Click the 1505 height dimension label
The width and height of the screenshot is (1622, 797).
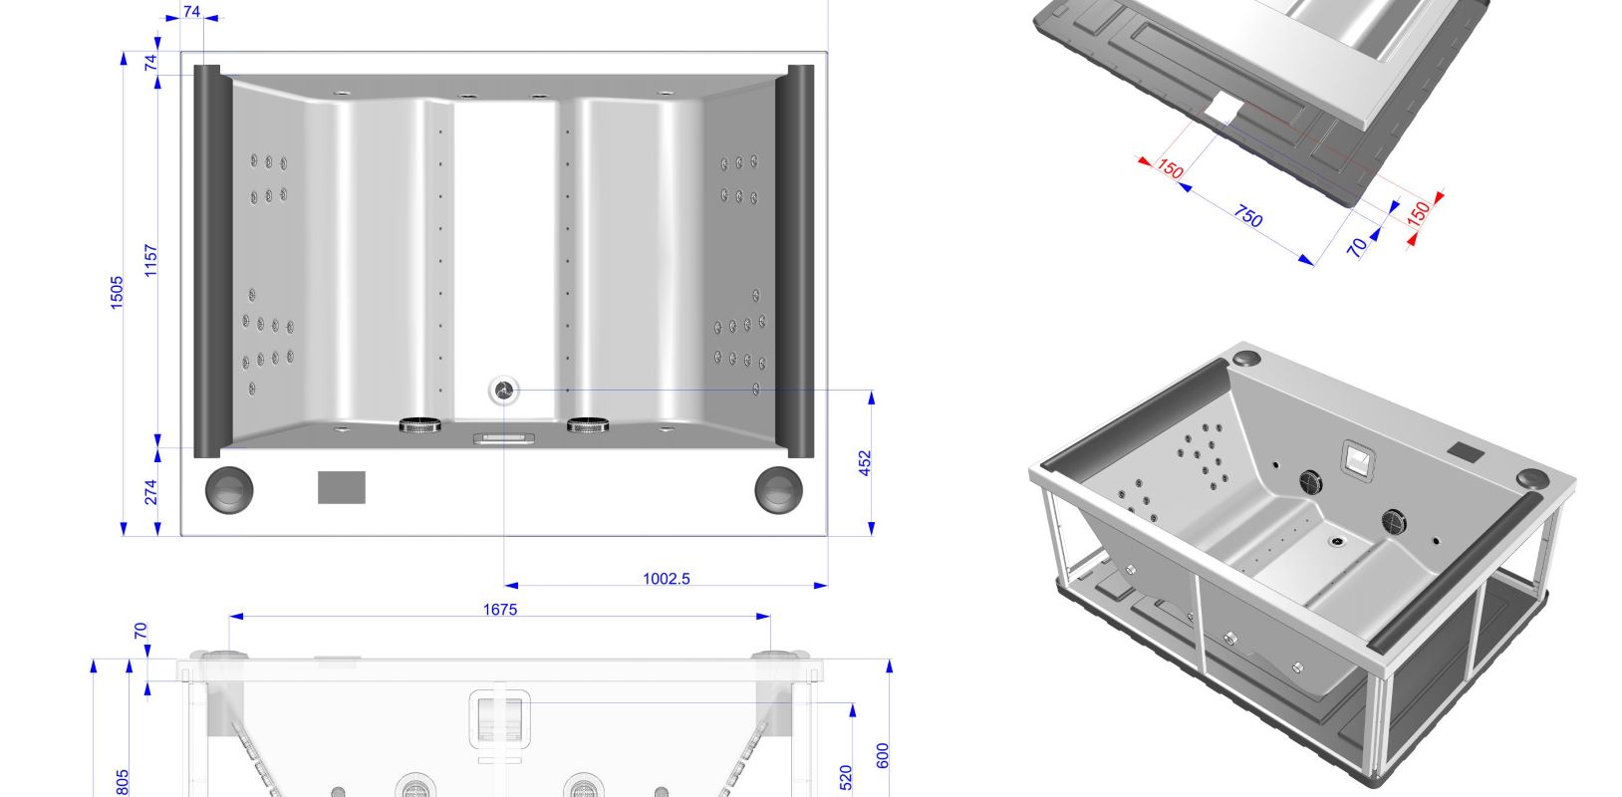[117, 293]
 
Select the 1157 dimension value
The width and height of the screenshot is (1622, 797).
[151, 261]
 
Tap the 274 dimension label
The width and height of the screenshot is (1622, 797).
[151, 492]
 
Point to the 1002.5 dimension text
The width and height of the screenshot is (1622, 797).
[666, 578]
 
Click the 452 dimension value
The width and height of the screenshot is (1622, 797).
[865, 463]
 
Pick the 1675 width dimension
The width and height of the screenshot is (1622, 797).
[500, 609]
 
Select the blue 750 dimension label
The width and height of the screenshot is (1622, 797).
[1248, 215]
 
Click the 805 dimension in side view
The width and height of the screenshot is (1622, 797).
[123, 782]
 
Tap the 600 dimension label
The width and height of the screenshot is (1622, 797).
[882, 755]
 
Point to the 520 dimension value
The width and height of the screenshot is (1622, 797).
[846, 777]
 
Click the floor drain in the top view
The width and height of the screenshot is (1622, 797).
[504, 391]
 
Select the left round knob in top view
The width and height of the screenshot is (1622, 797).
[229, 489]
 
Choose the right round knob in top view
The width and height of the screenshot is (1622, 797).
[778, 489]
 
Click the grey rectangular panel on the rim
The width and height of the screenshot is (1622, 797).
[342, 487]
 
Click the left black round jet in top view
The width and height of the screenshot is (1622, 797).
[420, 425]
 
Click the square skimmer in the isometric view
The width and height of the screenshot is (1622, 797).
[1357, 457]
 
